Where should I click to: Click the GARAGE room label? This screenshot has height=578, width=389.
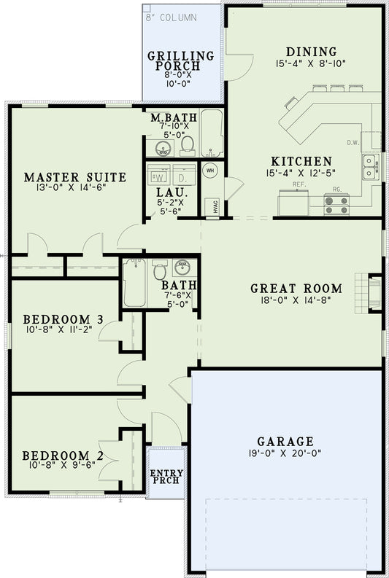click(x=285, y=441)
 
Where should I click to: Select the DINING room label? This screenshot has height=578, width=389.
click(x=312, y=52)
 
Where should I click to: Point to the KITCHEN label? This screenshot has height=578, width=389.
click(x=301, y=161)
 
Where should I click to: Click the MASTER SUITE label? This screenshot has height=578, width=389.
click(x=75, y=177)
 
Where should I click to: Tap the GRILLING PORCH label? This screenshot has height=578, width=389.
click(x=181, y=62)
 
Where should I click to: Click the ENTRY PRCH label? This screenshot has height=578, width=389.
click(x=166, y=478)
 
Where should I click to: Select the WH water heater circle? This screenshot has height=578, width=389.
click(x=209, y=171)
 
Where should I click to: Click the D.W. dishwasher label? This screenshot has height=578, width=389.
click(x=353, y=143)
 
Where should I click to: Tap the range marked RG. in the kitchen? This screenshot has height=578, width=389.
click(x=336, y=203)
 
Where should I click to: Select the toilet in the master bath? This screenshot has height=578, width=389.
click(x=188, y=144)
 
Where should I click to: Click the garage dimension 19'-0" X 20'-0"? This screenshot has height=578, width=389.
click(x=285, y=453)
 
